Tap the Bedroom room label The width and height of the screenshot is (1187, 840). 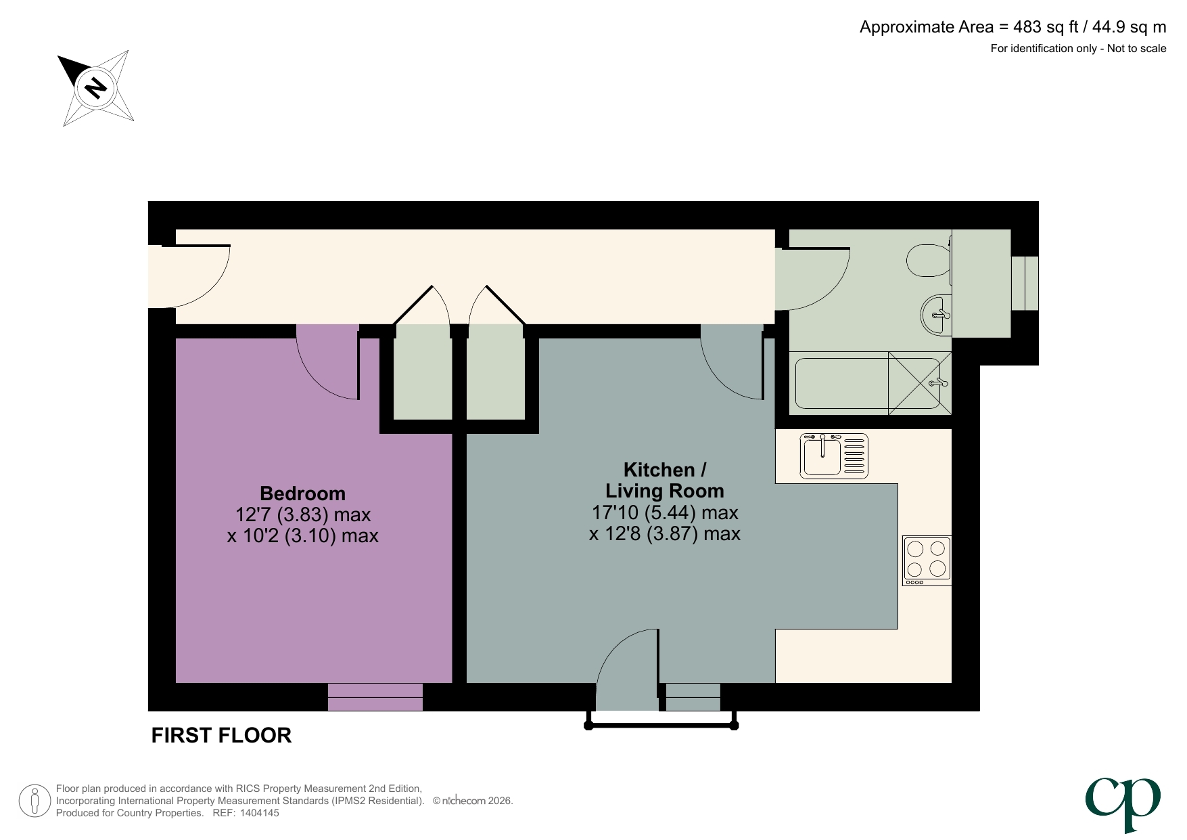[302, 493]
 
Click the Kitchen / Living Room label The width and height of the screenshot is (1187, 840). [664, 480]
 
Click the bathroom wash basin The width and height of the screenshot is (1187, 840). [936, 315]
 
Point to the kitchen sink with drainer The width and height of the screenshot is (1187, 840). [833, 456]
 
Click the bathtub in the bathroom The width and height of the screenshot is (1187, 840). [842, 383]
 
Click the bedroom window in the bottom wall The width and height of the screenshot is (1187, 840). [375, 697]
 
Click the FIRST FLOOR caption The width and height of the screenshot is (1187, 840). [221, 735]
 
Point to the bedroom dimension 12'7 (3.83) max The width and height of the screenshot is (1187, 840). [302, 515]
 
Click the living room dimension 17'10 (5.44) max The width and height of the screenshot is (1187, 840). [664, 512]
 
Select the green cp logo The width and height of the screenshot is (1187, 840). [1123, 802]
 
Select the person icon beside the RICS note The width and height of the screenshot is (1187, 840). [34, 801]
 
